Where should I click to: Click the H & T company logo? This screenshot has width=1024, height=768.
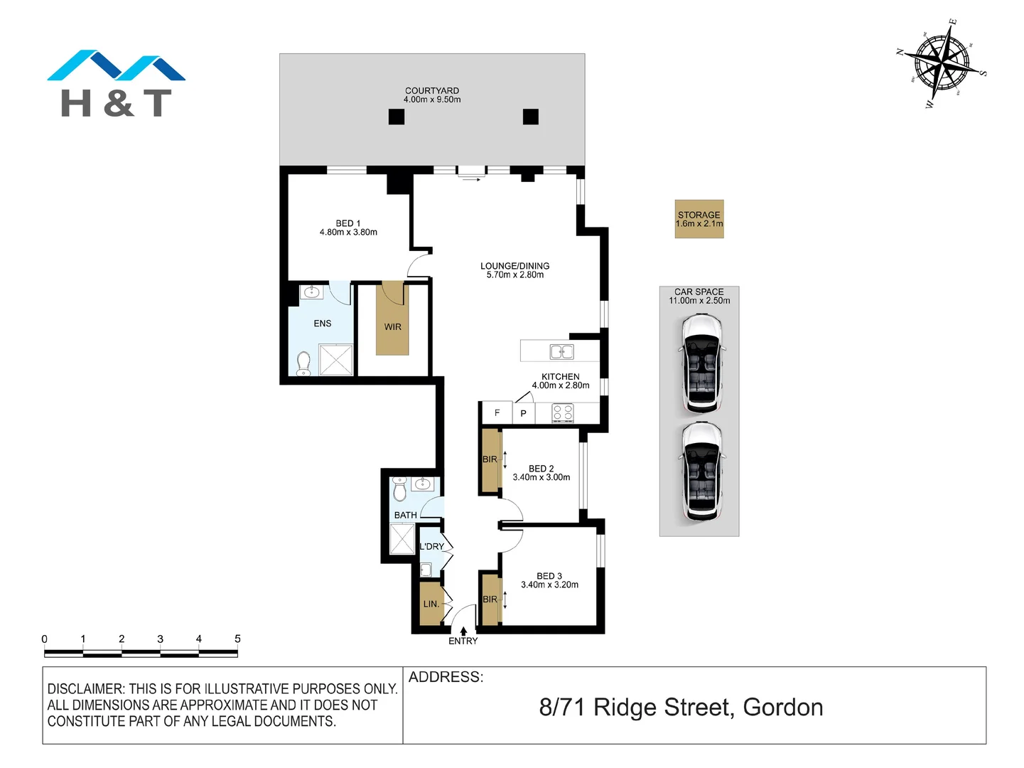116,84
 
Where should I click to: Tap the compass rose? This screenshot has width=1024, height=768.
942,63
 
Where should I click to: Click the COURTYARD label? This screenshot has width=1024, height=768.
432,91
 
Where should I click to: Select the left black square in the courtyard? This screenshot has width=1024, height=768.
397,117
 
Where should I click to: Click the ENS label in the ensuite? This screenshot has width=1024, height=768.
323,324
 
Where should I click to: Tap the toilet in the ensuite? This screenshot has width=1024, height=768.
303,363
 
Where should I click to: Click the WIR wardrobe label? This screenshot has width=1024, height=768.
393,327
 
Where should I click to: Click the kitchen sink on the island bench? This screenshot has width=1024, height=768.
561,351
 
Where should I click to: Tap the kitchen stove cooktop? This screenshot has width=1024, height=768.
563,413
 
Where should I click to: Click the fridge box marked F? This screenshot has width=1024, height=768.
497,413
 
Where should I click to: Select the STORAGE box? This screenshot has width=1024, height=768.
699,219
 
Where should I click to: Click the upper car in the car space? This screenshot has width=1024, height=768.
701,365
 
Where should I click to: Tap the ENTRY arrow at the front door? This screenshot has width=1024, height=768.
463,631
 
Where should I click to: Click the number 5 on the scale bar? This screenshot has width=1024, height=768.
237,639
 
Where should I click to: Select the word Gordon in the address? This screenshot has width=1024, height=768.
782,708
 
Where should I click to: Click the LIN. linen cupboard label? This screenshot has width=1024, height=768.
431,604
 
